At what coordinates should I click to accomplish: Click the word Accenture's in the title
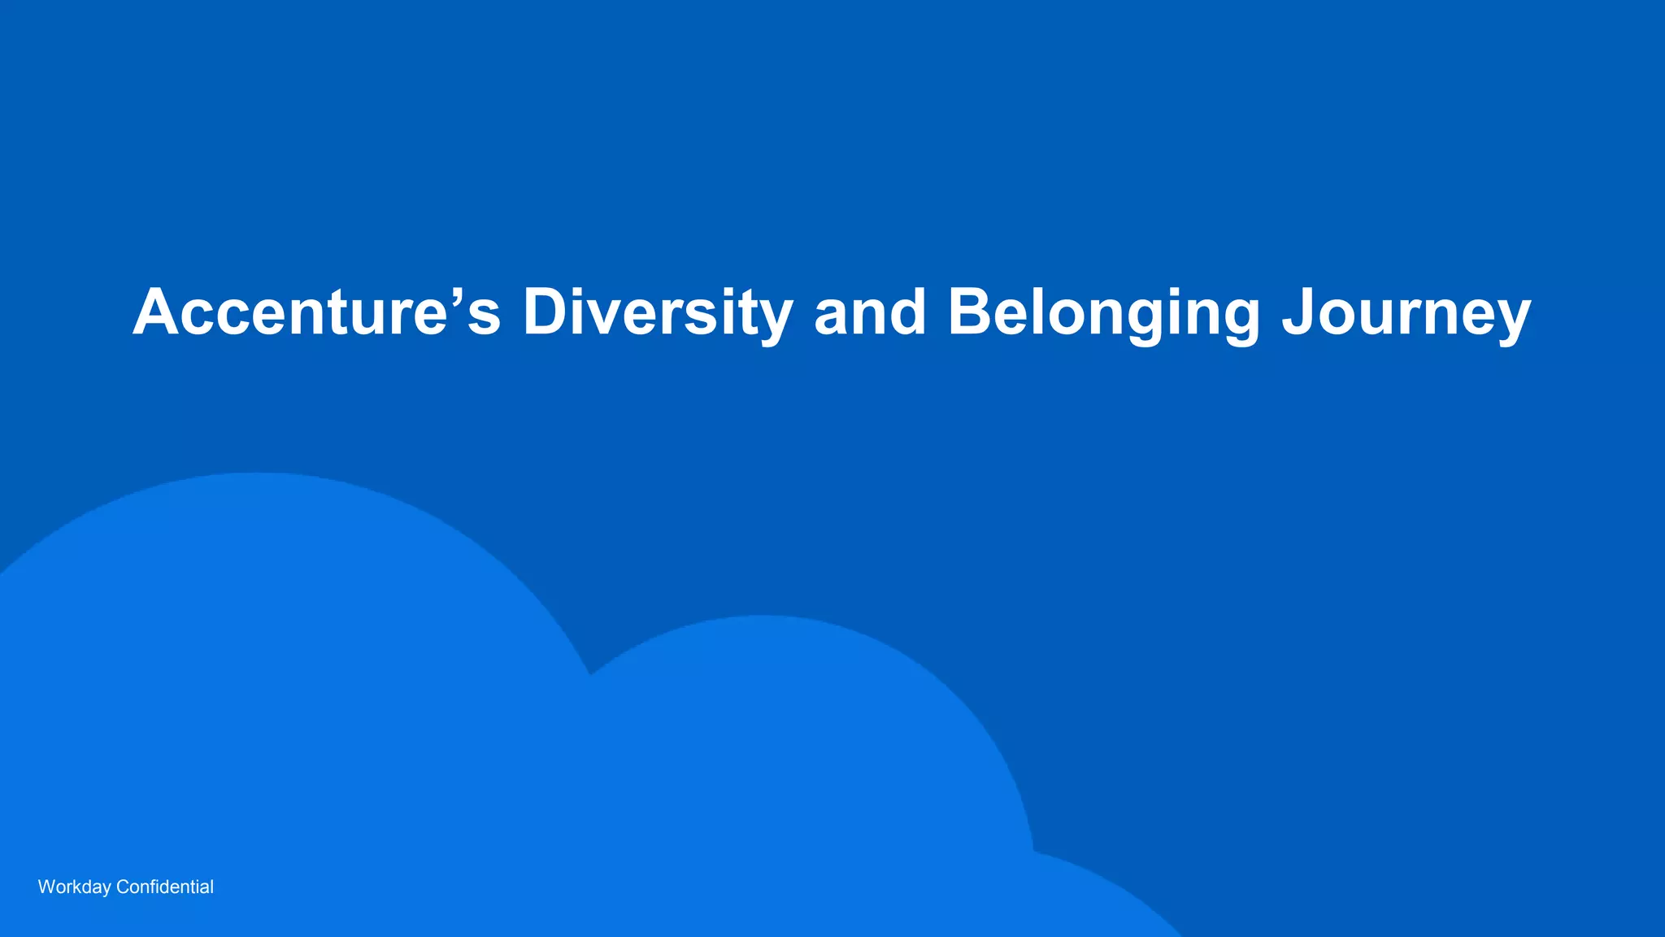(x=316, y=312)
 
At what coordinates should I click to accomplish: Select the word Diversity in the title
(x=657, y=312)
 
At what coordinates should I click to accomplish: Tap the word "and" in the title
(x=870, y=312)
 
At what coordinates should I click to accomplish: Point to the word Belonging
(x=1103, y=312)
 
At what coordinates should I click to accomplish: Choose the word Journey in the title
(x=1406, y=312)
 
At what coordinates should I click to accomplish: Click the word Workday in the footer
(x=74, y=887)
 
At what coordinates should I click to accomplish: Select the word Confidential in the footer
(x=165, y=887)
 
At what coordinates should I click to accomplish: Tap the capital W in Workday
(x=47, y=887)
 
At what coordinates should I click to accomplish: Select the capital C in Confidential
(x=123, y=887)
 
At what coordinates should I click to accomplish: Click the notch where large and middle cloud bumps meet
(x=590, y=673)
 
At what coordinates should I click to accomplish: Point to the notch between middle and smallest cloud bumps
(x=1033, y=851)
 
